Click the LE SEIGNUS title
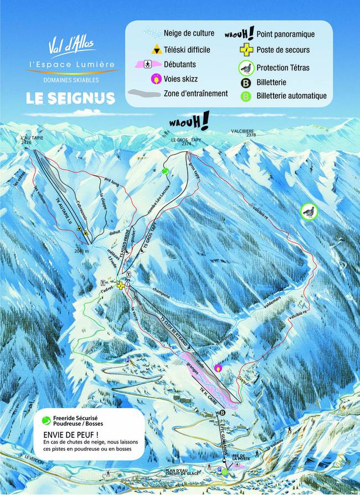tap(70, 98)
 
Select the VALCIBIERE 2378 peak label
tap(244, 132)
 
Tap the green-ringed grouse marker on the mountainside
tap(308, 211)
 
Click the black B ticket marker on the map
tap(223, 413)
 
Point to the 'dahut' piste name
tap(114, 234)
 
